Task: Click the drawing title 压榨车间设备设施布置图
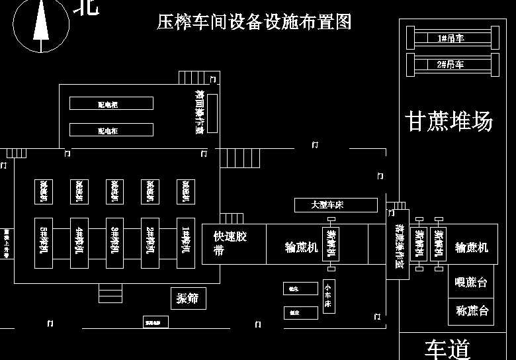point(254,22)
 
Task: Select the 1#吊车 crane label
point(451,38)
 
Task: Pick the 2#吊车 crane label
point(451,64)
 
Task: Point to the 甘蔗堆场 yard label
point(449,122)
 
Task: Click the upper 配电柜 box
point(111,104)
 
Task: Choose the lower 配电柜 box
point(111,130)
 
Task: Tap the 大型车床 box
point(335,205)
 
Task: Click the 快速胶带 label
point(230,244)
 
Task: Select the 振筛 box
point(187,298)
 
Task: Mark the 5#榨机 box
point(44,243)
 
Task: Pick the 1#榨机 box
point(186,243)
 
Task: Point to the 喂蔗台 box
point(471,283)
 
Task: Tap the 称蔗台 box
point(471,310)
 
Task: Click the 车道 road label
point(447,349)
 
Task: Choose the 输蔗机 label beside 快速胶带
point(301,247)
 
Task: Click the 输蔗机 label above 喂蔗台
point(471,247)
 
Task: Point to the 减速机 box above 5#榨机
point(44,192)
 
